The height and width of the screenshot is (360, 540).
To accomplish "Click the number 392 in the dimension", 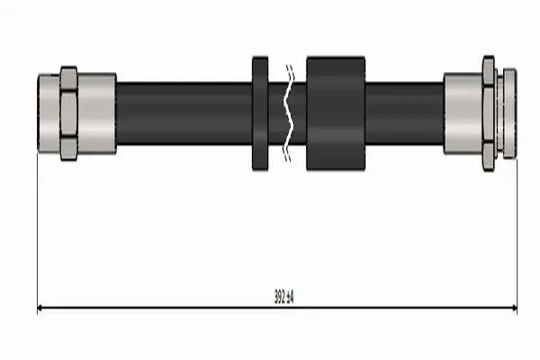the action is pyautogui.click(x=279, y=297).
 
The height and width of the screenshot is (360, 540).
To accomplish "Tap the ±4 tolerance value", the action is pyautogui.click(x=290, y=297).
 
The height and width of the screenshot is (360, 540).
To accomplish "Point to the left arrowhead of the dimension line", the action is pyautogui.click(x=40, y=308).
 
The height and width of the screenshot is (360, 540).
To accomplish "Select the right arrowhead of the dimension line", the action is pyautogui.click(x=514, y=308).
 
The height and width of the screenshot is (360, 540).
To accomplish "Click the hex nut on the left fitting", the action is pyautogui.click(x=69, y=113).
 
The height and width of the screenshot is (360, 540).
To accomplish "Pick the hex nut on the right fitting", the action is pyautogui.click(x=489, y=113).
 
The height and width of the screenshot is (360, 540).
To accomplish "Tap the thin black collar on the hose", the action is pyautogui.click(x=260, y=113).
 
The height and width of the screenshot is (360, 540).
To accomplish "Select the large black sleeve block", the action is pyautogui.click(x=336, y=113).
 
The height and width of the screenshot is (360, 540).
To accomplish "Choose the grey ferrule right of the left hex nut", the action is pyautogui.click(x=97, y=113).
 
